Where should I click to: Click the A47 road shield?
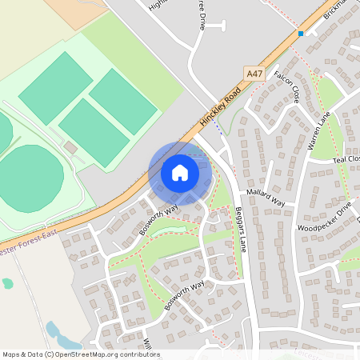tap(254, 74)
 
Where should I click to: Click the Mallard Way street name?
tap(267, 198)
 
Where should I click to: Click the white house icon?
tap(180, 173)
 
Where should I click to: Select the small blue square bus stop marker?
tap(301, 34)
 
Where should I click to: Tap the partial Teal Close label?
tap(346, 160)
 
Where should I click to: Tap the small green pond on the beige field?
tap(8, 283)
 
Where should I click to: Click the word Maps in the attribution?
tap(11, 354)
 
